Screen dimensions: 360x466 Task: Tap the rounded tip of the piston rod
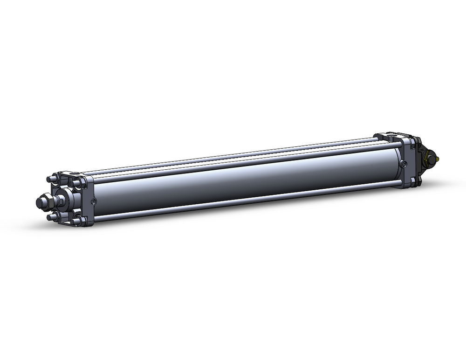click(x=39, y=203)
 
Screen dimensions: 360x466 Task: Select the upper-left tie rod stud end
click(x=49, y=179)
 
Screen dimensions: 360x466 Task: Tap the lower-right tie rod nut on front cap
click(x=76, y=219)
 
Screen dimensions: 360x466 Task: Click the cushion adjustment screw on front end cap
click(x=94, y=201)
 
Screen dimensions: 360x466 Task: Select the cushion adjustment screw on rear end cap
click(x=404, y=163)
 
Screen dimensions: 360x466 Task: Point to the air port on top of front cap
click(x=75, y=174)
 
